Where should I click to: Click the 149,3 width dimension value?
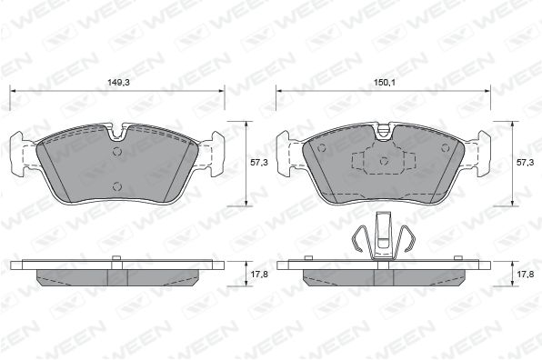115,83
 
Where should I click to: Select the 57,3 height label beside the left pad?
259,163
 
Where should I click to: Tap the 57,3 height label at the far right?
525,163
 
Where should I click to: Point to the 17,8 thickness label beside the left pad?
259,275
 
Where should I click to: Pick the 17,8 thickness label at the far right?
525,275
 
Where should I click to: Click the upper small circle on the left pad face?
117,151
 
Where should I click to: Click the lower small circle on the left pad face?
117,186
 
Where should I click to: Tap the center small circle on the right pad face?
384,161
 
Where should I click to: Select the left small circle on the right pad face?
322,148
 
